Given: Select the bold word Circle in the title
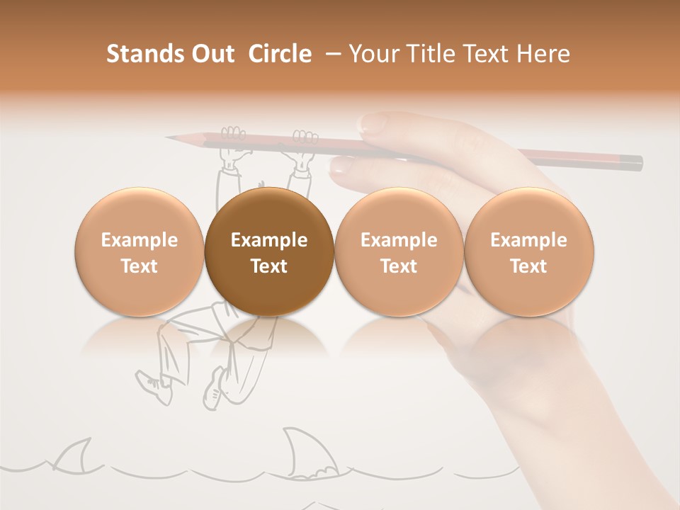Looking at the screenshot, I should coord(280,54).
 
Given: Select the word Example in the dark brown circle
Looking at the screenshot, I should coord(269,240).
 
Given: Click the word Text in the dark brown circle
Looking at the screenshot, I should coord(269,266).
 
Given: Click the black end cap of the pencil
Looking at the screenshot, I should coord(635,163).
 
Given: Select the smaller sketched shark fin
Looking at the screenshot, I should coord(73,455).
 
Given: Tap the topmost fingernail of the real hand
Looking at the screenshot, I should coord(373,124).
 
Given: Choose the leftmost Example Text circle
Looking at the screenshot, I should coord(140,251).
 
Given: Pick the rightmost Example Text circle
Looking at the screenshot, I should coord(529,251).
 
